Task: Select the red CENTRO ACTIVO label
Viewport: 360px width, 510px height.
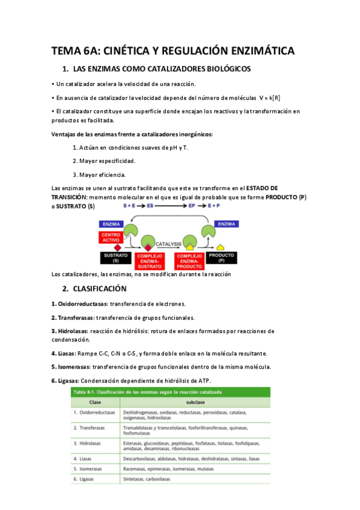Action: pos(112,236)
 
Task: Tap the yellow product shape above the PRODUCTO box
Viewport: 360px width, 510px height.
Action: pos(221,247)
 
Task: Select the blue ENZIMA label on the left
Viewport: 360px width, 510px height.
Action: pos(112,223)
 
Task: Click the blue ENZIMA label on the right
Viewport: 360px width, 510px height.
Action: pos(227,223)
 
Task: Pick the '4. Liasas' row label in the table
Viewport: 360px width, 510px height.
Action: pos(89,458)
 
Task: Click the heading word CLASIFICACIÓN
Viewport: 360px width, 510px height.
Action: pos(110,288)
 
